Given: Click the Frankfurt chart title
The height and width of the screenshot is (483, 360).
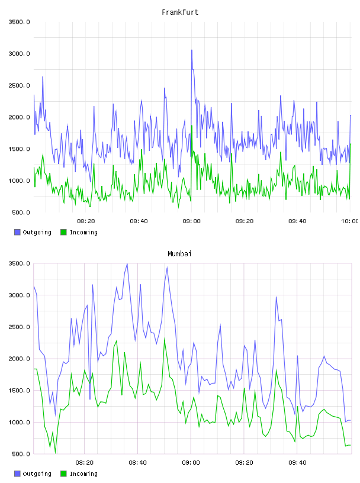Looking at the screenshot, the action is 180,12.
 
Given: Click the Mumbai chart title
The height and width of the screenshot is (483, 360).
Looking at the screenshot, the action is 179,254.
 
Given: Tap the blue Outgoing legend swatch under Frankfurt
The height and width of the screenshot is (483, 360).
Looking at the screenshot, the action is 17,232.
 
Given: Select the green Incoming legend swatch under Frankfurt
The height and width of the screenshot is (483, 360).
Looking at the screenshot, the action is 63,232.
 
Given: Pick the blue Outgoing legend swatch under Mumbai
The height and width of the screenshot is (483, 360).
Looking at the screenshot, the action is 17,474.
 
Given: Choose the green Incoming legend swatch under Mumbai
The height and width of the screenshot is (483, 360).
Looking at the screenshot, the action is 63,474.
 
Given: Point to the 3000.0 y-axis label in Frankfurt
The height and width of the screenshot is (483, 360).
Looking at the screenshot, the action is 19,54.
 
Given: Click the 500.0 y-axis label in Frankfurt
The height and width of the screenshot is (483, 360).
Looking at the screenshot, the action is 21,212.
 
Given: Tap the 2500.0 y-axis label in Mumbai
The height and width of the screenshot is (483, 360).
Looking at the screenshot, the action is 19,327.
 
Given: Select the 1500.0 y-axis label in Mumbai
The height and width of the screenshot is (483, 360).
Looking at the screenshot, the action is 19,390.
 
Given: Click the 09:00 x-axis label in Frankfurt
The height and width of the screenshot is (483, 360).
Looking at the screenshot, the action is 191,221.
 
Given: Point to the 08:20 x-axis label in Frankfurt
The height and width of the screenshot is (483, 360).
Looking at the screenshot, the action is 86,221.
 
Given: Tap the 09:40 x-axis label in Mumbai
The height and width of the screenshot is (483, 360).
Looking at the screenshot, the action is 297,463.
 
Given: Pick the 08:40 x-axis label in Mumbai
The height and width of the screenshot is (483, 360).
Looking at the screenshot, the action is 138,463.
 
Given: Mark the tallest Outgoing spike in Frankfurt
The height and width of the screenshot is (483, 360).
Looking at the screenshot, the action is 192,50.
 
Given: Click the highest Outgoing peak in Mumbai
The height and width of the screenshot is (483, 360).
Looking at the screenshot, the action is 127,263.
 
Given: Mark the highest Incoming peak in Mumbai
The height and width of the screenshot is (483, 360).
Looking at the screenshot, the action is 165,339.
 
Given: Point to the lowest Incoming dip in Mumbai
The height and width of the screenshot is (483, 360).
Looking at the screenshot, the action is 56,453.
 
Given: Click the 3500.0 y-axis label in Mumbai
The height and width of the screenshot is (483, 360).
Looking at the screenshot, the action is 19,263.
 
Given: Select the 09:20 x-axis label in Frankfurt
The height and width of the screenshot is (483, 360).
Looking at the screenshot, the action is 245,221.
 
